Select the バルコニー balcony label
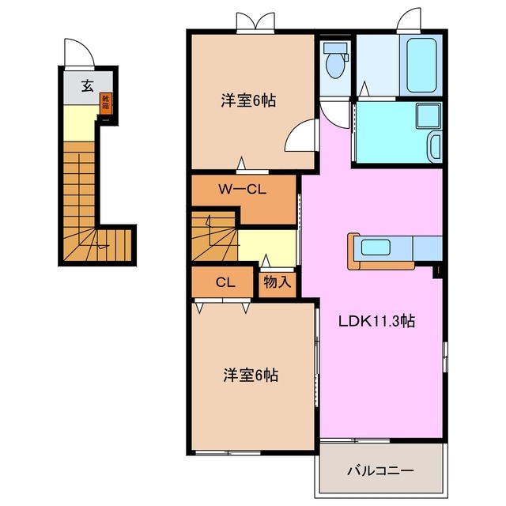click(x=379, y=471)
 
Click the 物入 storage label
click(x=277, y=281)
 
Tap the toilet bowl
click(x=335, y=63)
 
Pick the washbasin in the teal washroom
click(x=434, y=145)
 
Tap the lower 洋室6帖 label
click(x=249, y=376)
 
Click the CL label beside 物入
click(x=223, y=281)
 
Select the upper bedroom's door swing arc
click(x=300, y=136)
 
